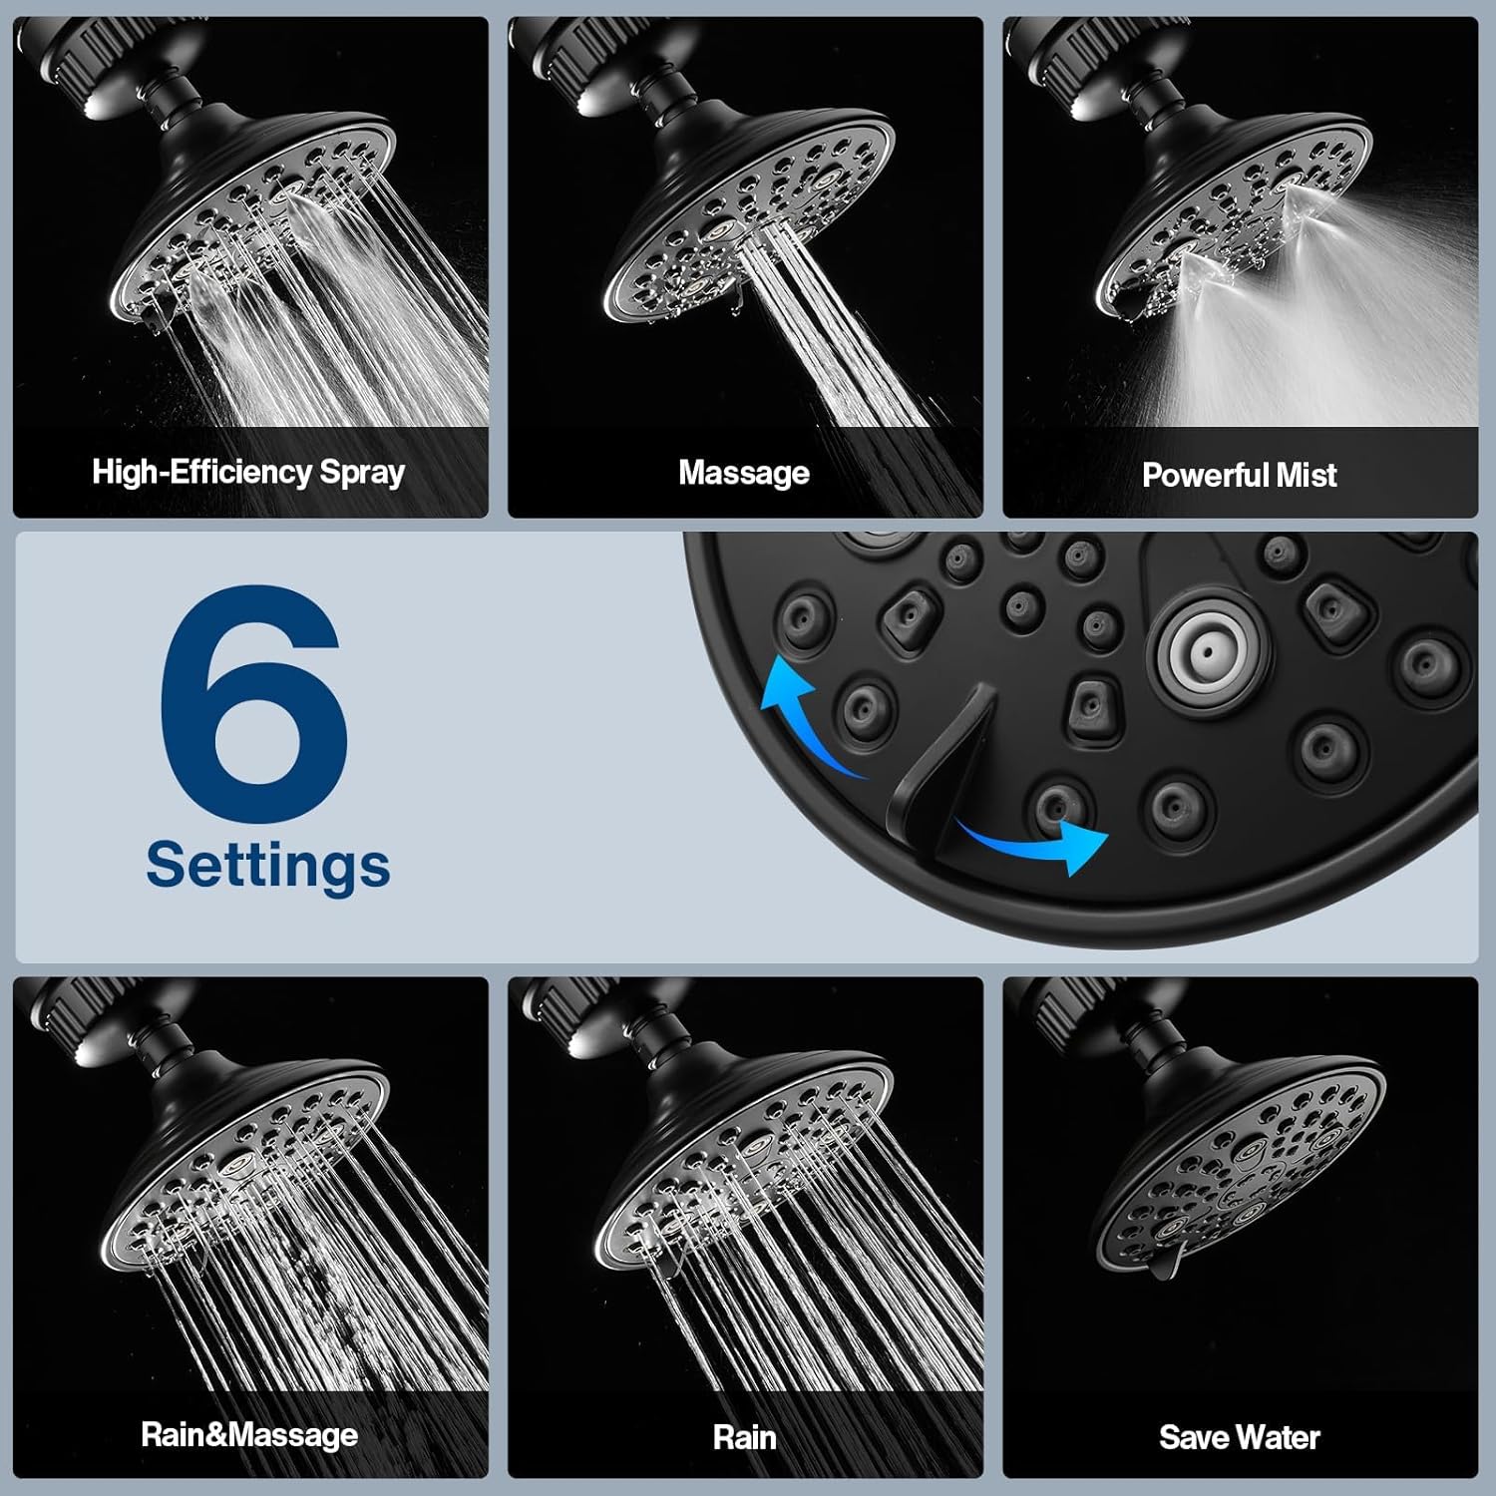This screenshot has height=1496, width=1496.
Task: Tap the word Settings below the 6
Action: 267,865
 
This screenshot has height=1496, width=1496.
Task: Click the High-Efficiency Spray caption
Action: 248,472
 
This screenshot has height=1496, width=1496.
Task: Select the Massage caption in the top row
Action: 744,473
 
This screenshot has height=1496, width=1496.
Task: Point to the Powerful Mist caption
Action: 1239,475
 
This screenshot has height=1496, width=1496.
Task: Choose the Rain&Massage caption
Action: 249,1435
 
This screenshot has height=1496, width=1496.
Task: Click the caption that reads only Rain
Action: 744,1437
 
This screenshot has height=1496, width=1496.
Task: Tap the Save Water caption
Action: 1239,1437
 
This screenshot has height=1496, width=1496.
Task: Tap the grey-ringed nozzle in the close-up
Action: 1207,653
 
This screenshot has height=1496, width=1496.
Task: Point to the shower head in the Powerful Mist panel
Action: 1227,219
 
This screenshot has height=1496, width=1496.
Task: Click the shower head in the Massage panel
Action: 748,219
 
